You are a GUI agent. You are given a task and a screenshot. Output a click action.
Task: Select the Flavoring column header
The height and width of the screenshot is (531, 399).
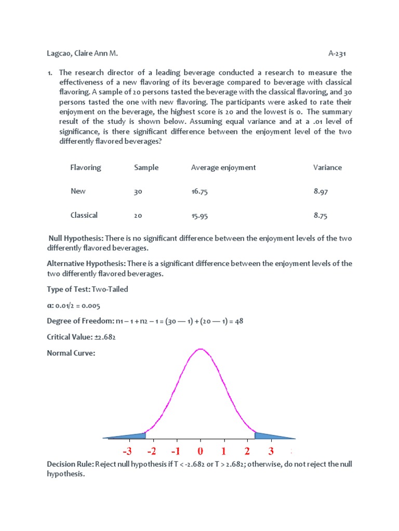tap(86, 167)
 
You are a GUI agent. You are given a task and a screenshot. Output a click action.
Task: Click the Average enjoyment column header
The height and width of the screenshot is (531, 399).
tap(223, 167)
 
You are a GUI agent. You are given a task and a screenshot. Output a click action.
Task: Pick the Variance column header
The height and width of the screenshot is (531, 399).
tap(327, 167)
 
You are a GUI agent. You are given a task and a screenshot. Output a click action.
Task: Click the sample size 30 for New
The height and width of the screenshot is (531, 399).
tap(138, 192)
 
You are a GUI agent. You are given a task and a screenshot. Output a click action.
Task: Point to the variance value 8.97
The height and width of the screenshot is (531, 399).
tap(321, 191)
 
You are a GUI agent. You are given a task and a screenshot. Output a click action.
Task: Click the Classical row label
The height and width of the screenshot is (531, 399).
tap(84, 215)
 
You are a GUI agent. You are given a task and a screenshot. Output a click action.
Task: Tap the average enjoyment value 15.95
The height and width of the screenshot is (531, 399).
tap(199, 216)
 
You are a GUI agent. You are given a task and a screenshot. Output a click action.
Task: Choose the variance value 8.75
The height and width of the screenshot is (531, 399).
tap(321, 215)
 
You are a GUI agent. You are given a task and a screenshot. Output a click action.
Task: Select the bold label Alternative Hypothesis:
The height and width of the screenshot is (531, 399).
tap(86, 263)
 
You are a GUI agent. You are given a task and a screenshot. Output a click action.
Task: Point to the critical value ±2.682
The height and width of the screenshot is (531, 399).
tap(103, 338)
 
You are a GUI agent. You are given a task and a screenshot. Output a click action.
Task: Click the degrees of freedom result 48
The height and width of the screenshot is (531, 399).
tap(239, 322)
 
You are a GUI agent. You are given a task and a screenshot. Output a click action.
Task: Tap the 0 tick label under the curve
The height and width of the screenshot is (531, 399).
tap(201, 451)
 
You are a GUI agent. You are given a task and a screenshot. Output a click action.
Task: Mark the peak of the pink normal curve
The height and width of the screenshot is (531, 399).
tap(201, 349)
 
